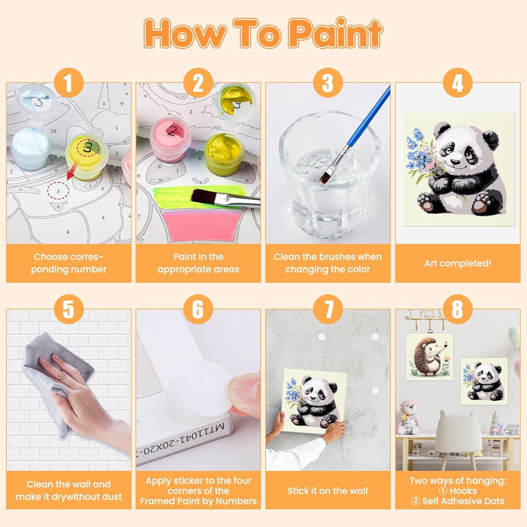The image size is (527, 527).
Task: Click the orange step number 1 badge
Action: [x=69, y=83]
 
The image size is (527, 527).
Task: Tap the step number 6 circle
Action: [x=199, y=309]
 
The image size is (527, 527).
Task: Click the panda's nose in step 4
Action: [x=455, y=162]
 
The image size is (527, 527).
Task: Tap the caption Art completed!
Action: [x=457, y=263]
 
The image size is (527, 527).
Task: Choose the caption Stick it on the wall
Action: [x=327, y=491]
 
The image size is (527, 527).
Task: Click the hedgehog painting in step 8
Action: [x=429, y=357]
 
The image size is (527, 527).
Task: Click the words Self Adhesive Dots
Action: [x=463, y=501]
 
